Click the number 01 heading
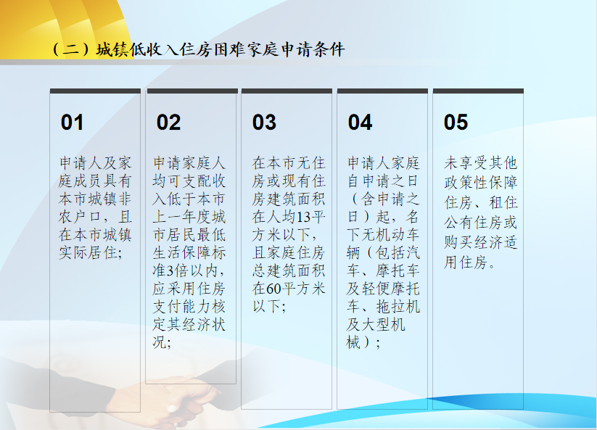72,123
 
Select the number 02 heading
168,123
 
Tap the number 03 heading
264,123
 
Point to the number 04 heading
360,123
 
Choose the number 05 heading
456,123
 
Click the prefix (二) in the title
71,50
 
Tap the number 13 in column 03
303,218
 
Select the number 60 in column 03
273,289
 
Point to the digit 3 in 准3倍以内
170,271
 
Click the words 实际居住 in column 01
88,252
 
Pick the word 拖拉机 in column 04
398,307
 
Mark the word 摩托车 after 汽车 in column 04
398,270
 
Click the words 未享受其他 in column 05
480,163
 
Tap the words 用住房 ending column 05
466,262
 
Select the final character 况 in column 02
160,342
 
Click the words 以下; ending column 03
269,306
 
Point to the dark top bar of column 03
287,91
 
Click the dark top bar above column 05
478,91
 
